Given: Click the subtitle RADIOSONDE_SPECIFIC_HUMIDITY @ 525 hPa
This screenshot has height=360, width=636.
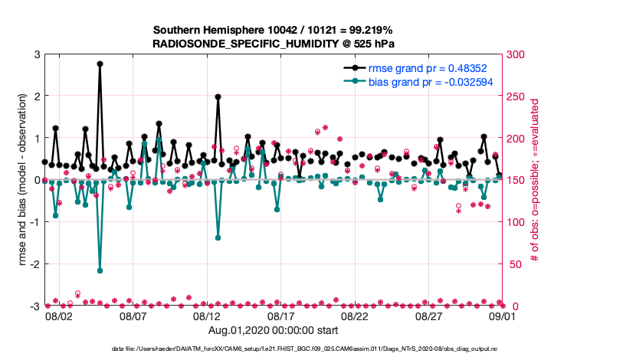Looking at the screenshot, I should (x=274, y=44).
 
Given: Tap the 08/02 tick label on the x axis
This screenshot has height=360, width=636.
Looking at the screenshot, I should (x=58, y=316).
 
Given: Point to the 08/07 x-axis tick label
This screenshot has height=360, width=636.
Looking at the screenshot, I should (x=133, y=316).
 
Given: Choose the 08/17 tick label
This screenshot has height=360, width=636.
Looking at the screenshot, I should (x=281, y=316).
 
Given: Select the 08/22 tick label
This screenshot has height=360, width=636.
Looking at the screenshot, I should (x=356, y=316).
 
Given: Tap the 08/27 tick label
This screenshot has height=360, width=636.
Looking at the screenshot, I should (x=430, y=316).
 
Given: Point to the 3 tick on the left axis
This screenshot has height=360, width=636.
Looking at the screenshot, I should (x=38, y=54).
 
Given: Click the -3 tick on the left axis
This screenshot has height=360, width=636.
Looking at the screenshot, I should (x=35, y=306).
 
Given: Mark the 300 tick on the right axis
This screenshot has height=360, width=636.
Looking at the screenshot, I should (x=514, y=54).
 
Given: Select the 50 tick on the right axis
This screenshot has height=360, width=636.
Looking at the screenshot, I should (x=512, y=264).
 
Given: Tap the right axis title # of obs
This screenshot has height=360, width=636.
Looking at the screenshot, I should (x=536, y=181).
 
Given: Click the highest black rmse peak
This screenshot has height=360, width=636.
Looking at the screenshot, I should (x=100, y=64).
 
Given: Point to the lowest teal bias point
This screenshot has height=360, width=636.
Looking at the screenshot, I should (x=100, y=270).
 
